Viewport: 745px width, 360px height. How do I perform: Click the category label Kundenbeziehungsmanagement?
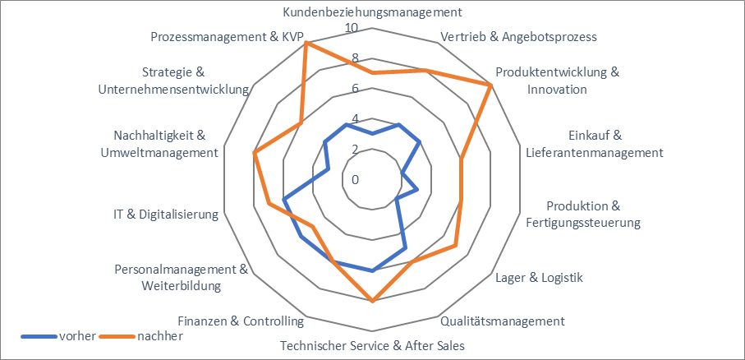click(x=372, y=12)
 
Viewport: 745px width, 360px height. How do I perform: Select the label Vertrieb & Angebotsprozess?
click(x=518, y=37)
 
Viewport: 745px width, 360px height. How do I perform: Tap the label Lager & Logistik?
click(x=540, y=278)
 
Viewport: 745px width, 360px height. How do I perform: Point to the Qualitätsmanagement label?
click(x=503, y=321)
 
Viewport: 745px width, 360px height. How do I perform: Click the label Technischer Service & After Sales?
click(x=372, y=345)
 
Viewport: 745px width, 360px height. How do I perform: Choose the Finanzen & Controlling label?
click(x=241, y=321)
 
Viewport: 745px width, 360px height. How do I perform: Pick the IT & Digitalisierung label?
click(x=167, y=215)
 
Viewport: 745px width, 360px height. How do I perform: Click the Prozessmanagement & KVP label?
click(x=228, y=37)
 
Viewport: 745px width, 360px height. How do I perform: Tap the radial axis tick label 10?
click(x=352, y=28)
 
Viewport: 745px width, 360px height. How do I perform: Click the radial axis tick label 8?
click(x=356, y=58)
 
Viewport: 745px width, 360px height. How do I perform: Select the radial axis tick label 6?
click(x=356, y=89)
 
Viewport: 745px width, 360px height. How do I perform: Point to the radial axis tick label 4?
click(x=356, y=118)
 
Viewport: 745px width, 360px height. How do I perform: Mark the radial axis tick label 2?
click(x=356, y=149)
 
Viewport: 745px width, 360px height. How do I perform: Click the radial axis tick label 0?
click(x=356, y=179)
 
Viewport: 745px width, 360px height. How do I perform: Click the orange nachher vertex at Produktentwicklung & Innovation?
click(x=490, y=85)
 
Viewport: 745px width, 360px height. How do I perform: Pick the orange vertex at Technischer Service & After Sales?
click(x=372, y=301)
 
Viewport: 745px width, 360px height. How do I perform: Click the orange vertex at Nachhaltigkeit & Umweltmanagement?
click(x=255, y=153)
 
